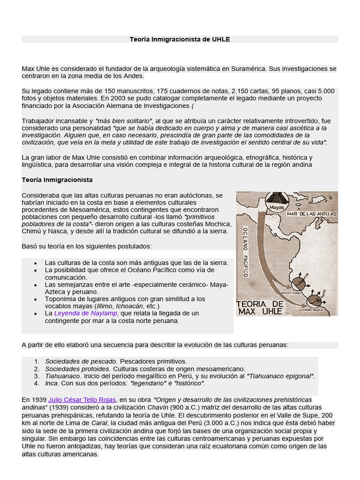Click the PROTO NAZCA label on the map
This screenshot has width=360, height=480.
coord(314,310)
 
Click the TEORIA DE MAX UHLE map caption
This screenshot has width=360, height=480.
coord(261,307)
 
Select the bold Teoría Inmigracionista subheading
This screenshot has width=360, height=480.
coord(57,180)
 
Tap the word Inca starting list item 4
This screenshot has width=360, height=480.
coord(52,383)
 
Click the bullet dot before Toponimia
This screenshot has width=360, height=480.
coord(35,299)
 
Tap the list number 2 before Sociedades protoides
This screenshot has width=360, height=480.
coord(37,369)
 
